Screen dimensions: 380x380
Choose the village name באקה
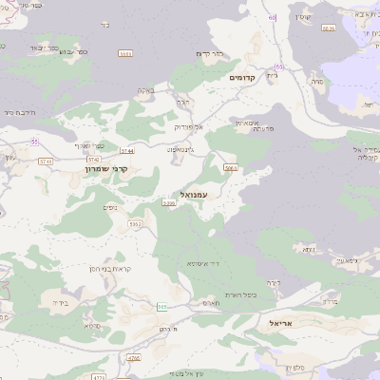146,91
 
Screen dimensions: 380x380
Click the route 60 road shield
272,17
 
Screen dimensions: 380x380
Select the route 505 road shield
162,306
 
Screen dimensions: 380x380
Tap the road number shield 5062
136,224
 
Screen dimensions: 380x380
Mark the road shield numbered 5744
127,150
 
